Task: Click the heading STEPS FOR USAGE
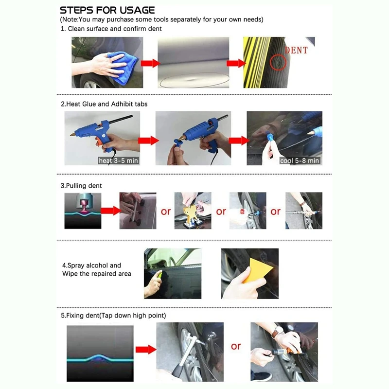point(107,10)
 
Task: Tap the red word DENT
point(296,51)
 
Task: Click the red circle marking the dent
point(278,62)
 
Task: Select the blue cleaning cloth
point(123,68)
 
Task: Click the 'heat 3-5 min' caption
point(118,161)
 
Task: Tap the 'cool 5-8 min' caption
point(300,161)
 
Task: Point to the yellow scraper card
point(255,270)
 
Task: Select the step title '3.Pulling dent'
point(81,186)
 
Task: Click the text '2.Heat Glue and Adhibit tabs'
point(104,104)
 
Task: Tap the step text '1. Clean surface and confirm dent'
point(111,29)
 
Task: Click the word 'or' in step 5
point(236,346)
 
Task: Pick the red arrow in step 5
point(146,350)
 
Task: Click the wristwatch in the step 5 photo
point(277,332)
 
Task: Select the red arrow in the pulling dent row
point(111,211)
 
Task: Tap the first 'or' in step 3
point(166,212)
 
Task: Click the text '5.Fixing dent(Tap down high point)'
point(113,316)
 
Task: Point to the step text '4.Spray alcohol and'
point(91,265)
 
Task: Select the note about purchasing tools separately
point(161,19)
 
